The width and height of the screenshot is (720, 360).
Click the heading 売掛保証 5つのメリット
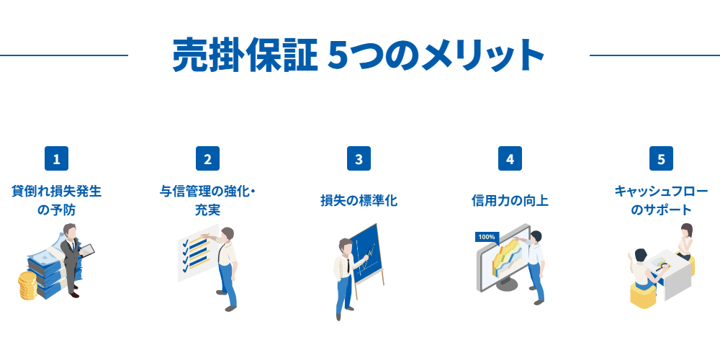(358, 55)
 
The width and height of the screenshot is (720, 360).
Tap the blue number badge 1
(56, 158)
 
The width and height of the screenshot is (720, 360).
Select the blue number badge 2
(207, 158)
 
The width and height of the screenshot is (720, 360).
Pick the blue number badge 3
(359, 158)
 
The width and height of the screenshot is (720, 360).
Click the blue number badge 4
(510, 158)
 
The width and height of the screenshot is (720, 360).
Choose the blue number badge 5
(661, 158)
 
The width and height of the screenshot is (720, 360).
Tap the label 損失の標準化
(359, 201)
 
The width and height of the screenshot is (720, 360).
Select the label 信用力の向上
(510, 201)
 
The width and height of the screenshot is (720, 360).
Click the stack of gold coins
(28, 286)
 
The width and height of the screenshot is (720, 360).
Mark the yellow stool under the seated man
(644, 293)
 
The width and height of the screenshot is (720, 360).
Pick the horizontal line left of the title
(64, 55)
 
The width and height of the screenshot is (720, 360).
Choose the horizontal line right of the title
(654, 55)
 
